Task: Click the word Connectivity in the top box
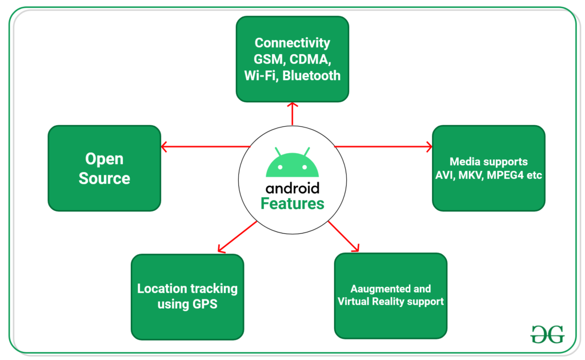(x=292, y=42)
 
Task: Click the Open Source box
(x=105, y=168)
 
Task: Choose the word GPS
(x=203, y=304)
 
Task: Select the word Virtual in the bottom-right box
(x=355, y=301)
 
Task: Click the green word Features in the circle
(x=292, y=203)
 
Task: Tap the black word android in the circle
(x=292, y=188)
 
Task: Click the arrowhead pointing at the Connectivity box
(x=292, y=106)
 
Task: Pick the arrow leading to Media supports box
(x=383, y=147)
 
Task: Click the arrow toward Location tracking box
(x=238, y=236)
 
